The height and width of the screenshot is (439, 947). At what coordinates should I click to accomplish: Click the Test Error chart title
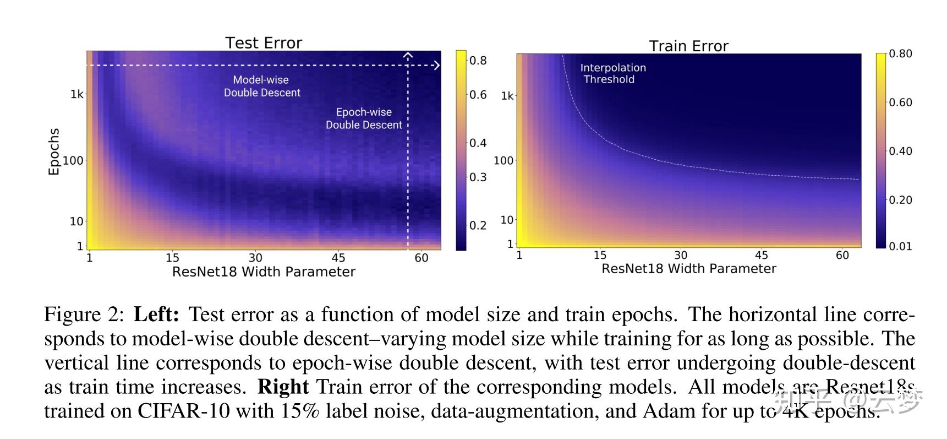click(x=264, y=43)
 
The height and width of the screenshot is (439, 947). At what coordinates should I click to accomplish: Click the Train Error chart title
click(x=688, y=46)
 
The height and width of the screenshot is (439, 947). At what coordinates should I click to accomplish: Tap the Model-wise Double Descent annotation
click(x=261, y=86)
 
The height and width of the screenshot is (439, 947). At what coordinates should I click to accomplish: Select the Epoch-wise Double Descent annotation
click(x=364, y=118)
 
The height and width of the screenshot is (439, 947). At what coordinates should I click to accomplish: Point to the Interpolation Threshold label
click(x=612, y=73)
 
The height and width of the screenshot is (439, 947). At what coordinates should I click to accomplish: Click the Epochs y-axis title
click(x=53, y=151)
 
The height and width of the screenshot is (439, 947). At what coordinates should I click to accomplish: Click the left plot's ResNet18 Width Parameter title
click(x=264, y=272)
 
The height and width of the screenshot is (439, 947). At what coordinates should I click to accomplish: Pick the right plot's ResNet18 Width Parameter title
click(x=688, y=269)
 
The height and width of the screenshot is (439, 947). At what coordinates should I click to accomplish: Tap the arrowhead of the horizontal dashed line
click(x=437, y=66)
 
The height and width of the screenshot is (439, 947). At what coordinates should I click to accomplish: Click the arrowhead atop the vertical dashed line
click(x=408, y=55)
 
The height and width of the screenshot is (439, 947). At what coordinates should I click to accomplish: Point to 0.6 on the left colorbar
click(x=478, y=95)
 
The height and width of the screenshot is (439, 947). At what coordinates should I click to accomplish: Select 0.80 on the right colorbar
click(x=900, y=53)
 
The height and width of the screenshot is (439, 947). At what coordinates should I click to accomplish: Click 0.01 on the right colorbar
click(x=900, y=246)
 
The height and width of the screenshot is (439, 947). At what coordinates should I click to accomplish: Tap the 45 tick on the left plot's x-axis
click(x=338, y=258)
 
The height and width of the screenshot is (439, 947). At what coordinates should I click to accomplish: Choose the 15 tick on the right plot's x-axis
click(x=600, y=255)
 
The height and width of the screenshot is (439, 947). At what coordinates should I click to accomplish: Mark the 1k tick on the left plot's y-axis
click(x=76, y=94)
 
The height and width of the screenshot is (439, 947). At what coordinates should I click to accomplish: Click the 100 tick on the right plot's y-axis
click(x=503, y=160)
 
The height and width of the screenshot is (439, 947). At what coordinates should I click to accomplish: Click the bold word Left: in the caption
click(x=156, y=315)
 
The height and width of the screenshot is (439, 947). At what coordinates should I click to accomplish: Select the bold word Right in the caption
click(x=283, y=387)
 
